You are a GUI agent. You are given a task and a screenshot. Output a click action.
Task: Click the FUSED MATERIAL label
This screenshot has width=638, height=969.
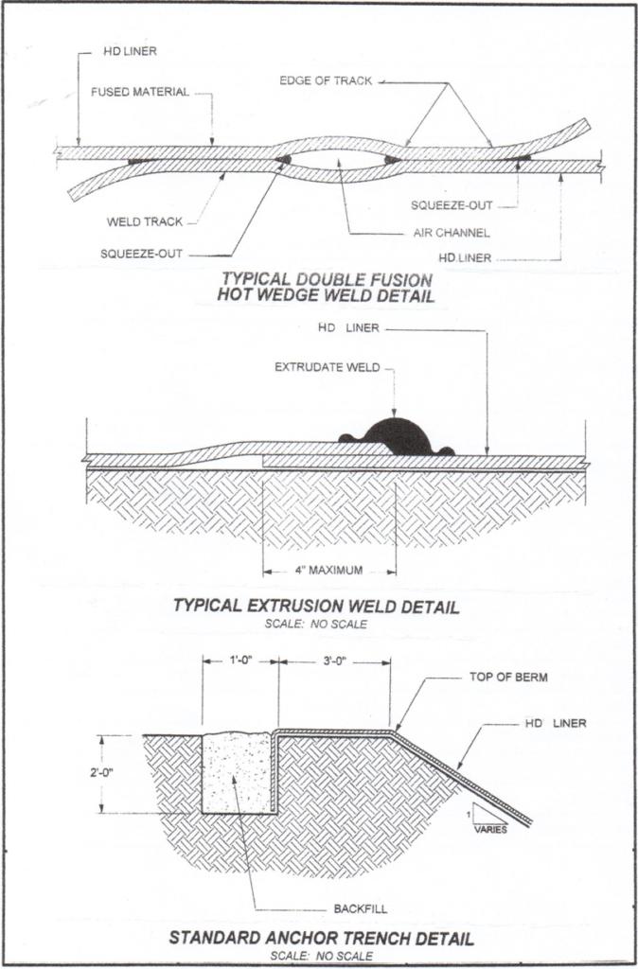coord(140,92)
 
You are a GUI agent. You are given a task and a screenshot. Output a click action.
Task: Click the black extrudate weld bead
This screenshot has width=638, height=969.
coord(399,436)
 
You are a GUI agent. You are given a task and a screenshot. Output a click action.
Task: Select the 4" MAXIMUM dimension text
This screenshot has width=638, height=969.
coord(330,571)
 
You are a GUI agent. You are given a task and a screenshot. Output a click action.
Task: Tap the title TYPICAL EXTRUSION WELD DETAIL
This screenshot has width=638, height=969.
coord(316,606)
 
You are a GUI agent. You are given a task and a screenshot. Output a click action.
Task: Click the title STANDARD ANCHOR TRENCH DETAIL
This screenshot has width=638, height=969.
coord(320,939)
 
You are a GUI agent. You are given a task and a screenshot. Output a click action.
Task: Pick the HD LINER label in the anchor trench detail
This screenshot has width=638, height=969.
coord(556,723)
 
